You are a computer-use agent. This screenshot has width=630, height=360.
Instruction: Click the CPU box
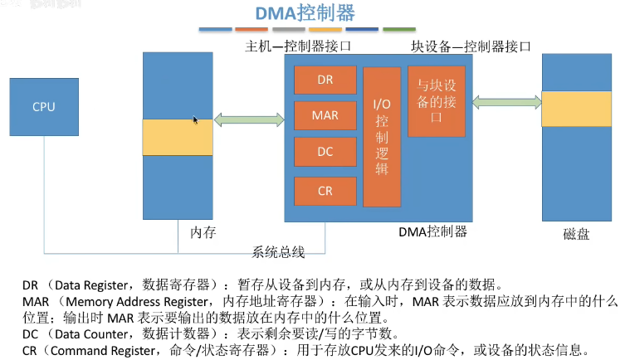(x=43, y=107)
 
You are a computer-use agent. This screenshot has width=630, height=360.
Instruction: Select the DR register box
(x=325, y=80)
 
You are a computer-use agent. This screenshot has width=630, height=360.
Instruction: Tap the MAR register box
(x=325, y=115)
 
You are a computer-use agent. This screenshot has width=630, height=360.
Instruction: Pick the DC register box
(x=325, y=153)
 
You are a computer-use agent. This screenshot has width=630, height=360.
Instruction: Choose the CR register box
(x=325, y=190)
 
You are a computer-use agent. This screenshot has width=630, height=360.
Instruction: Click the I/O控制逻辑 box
(x=381, y=136)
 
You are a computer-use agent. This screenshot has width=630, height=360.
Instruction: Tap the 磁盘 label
(x=575, y=235)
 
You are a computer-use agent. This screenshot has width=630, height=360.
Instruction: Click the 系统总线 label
(x=279, y=251)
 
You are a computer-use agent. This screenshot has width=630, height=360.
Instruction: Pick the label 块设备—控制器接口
(x=471, y=46)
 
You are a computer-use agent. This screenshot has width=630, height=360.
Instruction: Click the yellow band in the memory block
(x=177, y=137)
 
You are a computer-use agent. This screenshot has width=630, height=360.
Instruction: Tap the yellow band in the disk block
(x=576, y=107)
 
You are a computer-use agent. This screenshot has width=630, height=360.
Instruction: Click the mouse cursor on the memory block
(x=196, y=120)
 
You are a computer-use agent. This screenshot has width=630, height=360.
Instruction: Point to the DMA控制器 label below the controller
(x=432, y=231)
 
